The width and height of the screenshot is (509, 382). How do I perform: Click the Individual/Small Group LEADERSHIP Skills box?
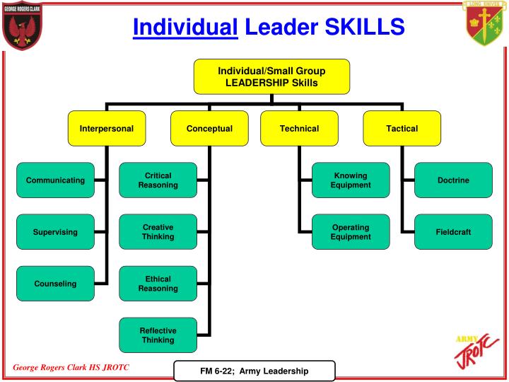[x=271, y=76]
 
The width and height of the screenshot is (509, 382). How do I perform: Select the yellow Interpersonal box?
[x=107, y=129]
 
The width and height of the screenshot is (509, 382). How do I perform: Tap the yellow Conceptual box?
[x=209, y=129]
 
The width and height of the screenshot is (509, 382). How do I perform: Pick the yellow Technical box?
[x=299, y=129]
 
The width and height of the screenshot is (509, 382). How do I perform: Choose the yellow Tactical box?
[x=402, y=129]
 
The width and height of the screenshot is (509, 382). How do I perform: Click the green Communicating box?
[x=55, y=180]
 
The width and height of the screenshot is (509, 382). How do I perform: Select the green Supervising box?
[x=55, y=232]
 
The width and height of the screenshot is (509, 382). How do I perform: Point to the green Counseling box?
[x=55, y=284]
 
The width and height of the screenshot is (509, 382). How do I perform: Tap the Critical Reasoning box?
[x=158, y=180]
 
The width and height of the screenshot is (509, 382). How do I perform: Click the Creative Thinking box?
[x=158, y=232]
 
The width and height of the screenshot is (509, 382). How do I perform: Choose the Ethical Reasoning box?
[x=158, y=284]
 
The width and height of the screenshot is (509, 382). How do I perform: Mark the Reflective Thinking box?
[x=158, y=335]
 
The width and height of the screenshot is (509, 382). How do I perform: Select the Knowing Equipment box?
[x=351, y=180]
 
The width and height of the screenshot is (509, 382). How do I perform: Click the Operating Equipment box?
[x=351, y=232]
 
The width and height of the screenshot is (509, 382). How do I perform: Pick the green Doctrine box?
[x=453, y=180]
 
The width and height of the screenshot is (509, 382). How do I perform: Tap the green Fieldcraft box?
[x=453, y=232]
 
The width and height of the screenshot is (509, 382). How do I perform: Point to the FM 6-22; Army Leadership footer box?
[x=255, y=371]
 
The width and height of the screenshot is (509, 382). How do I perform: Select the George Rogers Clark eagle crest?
[x=22, y=26]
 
